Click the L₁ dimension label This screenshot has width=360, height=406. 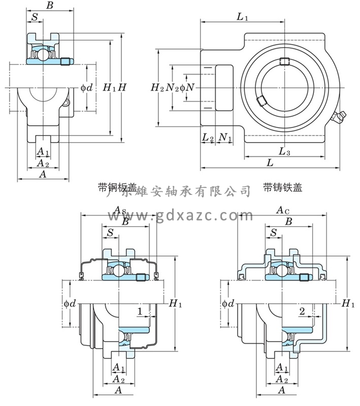(242, 17)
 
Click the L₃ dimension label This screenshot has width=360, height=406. (284, 151)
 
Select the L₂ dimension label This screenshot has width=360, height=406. (207, 137)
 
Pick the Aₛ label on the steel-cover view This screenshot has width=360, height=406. (120, 210)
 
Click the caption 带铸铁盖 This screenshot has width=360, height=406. (283, 188)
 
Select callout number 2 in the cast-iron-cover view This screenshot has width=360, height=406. (302, 311)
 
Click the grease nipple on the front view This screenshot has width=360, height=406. (338, 118)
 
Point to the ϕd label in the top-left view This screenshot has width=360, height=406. (87, 87)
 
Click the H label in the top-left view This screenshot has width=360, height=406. (122, 87)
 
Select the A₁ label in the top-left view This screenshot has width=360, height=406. (43, 152)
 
